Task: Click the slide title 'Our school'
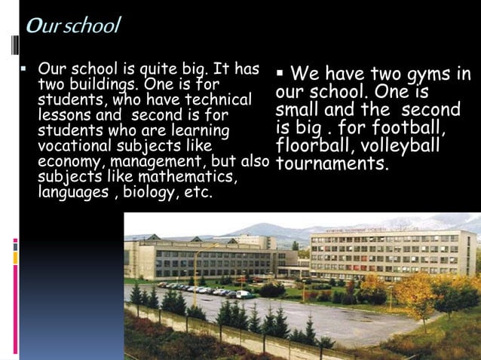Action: [x=72, y=26]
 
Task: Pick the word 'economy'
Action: [x=69, y=161]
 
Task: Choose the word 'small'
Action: [x=298, y=109]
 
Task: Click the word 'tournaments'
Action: [x=332, y=162]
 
